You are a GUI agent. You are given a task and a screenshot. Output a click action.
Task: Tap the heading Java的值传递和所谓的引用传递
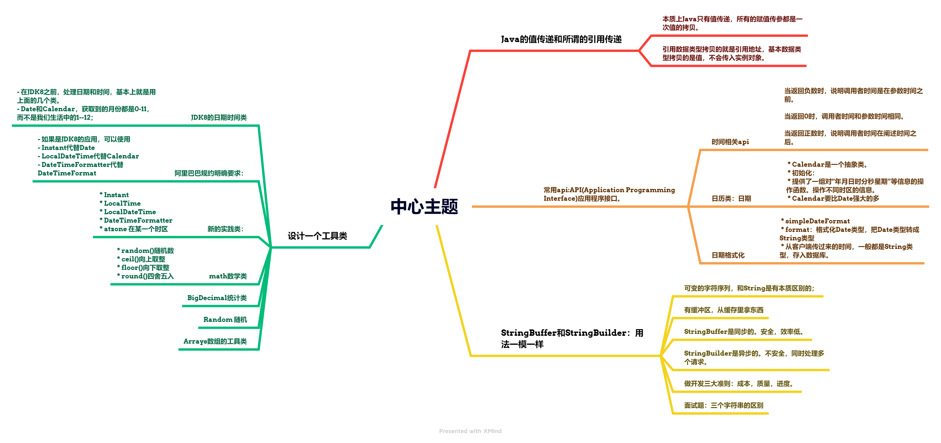(x=561, y=39)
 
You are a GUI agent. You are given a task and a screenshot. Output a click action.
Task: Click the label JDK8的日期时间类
(x=218, y=117)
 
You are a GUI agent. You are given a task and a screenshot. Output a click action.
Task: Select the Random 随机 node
(x=225, y=319)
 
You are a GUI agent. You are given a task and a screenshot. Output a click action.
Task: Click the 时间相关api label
(x=730, y=142)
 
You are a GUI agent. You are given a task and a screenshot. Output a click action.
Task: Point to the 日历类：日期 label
(x=731, y=198)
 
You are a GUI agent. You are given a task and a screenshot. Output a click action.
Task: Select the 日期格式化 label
(x=728, y=255)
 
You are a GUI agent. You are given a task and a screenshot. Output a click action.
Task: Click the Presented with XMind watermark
(x=470, y=431)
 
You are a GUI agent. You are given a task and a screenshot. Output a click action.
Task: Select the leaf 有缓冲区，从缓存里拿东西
(x=723, y=310)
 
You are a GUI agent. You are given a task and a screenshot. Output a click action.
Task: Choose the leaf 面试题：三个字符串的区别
(x=723, y=405)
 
